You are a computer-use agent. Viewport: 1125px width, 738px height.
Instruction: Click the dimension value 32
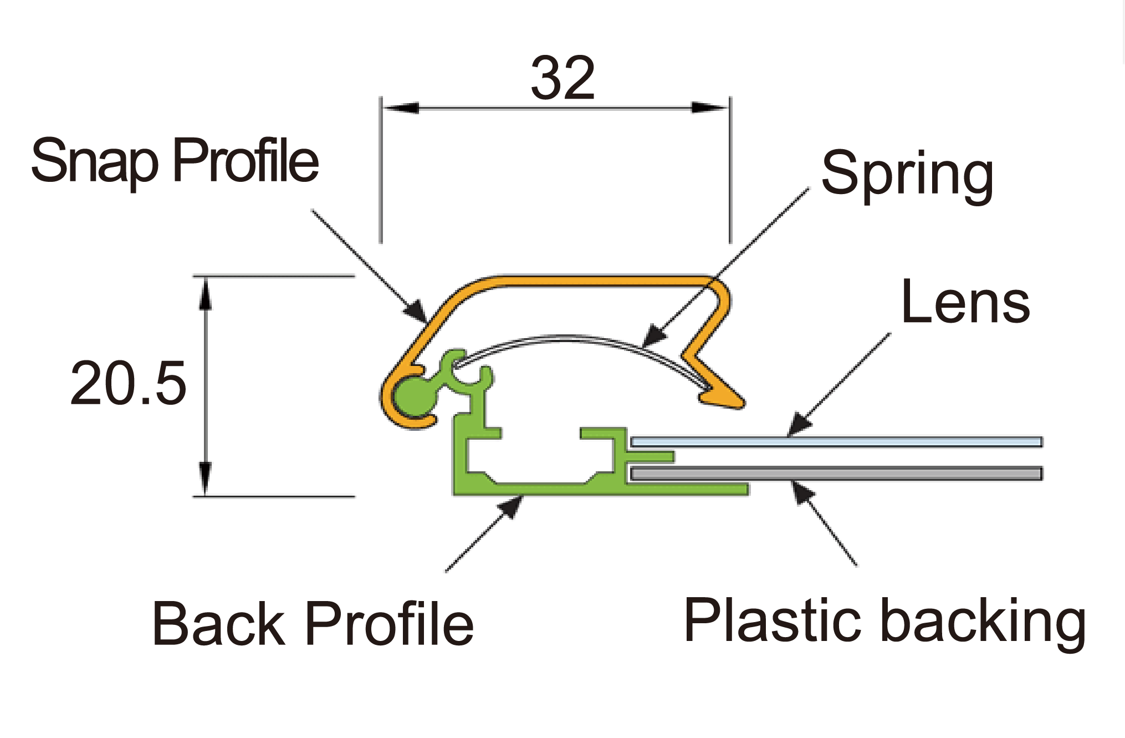562,78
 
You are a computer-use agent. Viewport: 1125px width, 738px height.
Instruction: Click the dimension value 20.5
129,383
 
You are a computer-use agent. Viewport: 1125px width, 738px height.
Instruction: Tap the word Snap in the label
95,162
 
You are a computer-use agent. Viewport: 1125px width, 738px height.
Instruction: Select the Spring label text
907,175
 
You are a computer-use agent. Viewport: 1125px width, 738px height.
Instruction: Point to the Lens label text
965,302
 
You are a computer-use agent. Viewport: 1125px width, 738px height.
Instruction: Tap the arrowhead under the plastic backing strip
802,492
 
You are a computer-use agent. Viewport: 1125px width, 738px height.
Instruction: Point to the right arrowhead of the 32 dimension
710,108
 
